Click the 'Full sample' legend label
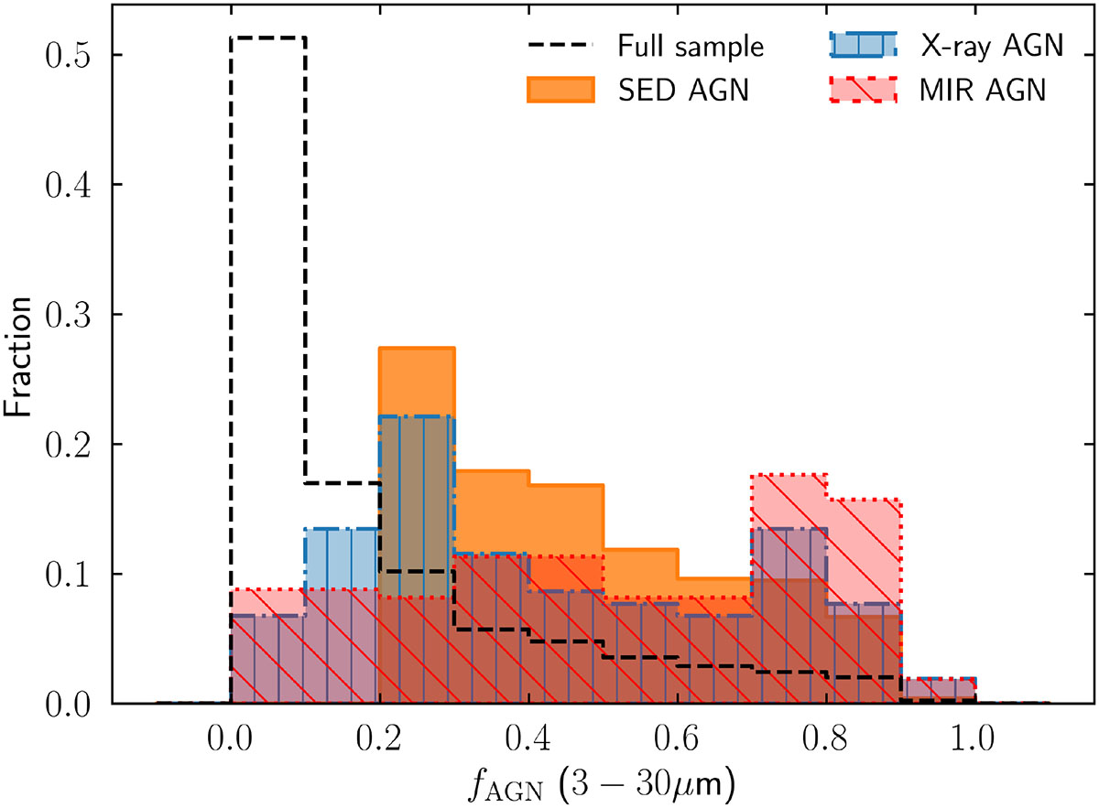coord(691,45)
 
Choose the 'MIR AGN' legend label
coord(981,90)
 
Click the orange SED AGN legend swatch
coord(560,89)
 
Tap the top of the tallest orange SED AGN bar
coord(417,348)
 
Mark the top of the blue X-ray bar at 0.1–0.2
coord(342,529)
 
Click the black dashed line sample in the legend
coord(560,45)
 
